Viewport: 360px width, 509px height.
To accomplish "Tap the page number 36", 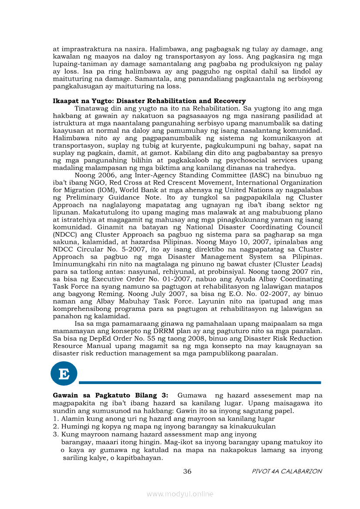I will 187,471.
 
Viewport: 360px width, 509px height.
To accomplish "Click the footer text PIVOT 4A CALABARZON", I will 287,472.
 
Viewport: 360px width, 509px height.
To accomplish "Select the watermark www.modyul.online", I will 180,494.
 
